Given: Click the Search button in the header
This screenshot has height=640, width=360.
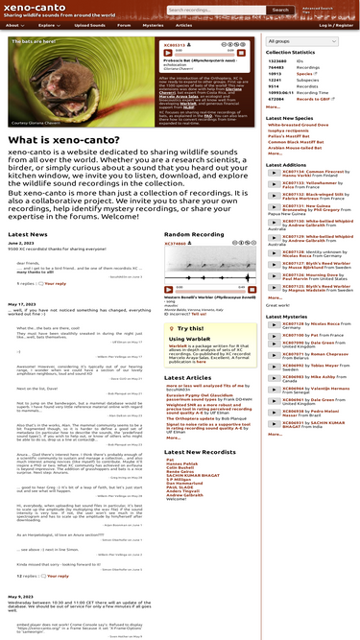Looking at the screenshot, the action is click(279, 10).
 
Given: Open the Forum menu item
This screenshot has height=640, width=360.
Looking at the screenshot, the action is click(125, 25).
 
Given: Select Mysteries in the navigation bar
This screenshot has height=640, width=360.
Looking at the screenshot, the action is click(153, 25).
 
